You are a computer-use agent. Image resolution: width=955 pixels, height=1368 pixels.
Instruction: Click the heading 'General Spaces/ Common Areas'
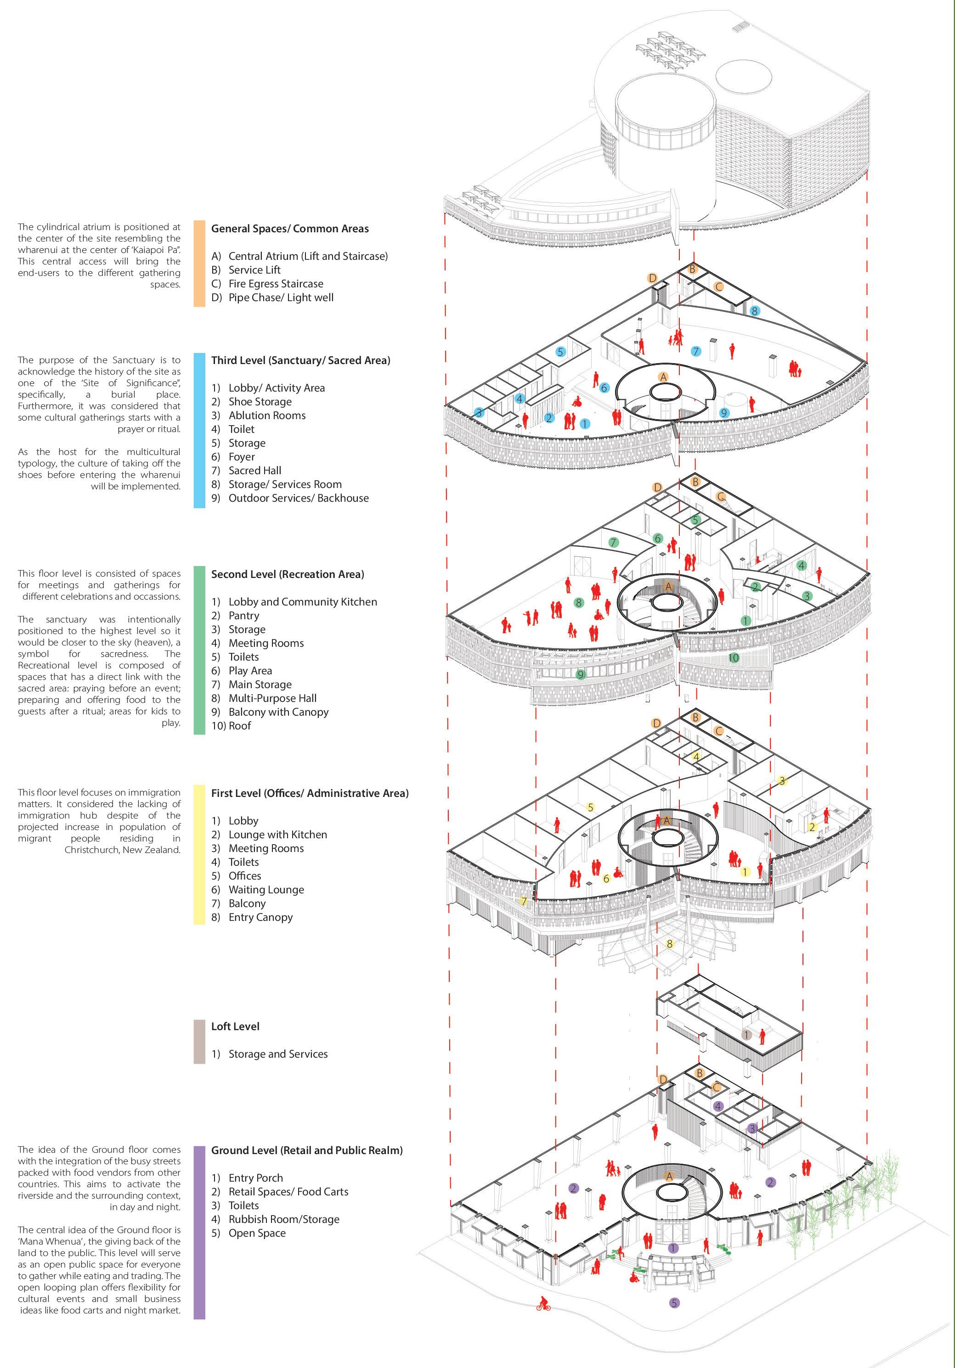pos(290,229)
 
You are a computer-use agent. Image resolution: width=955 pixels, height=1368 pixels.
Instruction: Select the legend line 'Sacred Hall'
pos(254,471)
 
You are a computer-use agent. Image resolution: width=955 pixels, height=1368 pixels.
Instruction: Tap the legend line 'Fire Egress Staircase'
pos(276,284)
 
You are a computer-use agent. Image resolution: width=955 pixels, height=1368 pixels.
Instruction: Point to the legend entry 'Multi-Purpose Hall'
pos(272,698)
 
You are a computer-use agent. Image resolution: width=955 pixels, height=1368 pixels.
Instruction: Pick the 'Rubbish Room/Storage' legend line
pos(284,1219)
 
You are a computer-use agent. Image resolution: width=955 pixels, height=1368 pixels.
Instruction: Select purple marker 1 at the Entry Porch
pos(673,1248)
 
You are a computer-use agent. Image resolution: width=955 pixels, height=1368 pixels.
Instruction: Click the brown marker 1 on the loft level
pos(746,1035)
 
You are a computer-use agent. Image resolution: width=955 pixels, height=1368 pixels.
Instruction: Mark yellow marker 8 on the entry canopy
pos(669,944)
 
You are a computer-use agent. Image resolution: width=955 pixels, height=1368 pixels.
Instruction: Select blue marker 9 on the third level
pos(724,412)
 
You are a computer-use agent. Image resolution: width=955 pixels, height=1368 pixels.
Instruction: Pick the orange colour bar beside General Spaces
pos(199,264)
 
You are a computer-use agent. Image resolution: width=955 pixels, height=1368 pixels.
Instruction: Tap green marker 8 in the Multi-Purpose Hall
pos(578,602)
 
